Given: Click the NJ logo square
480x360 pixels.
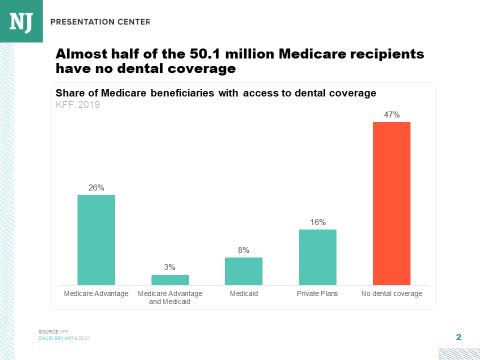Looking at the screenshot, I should coord(21,21).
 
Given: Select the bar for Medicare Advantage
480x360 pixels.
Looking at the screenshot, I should coord(96,240).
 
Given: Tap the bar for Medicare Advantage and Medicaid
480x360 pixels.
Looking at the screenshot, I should coord(170,280).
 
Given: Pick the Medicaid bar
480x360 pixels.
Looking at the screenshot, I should coord(243,271).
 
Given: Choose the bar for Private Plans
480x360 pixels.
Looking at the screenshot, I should coord(317,257).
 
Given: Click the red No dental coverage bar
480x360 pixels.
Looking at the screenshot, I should coord(391,203).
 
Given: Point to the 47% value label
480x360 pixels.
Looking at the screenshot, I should coord(391,114).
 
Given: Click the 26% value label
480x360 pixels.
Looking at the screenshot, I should coord(96,187).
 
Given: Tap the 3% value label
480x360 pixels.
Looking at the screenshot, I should coord(170,267).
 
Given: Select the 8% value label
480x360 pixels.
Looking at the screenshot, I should coord(243,250).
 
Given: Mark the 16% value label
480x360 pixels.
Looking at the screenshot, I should coord(317,222).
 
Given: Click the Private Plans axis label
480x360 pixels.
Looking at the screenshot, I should coord(317,293).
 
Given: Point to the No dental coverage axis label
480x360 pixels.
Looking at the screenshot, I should coord(391,293).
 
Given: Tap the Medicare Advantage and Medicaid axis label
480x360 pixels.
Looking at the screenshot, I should coord(170,297).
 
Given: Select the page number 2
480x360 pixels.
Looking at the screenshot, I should coord(458,337).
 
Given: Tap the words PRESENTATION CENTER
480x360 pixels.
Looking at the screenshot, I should coord(100,21).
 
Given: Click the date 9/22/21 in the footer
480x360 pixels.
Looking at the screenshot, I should coord(82,338).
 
